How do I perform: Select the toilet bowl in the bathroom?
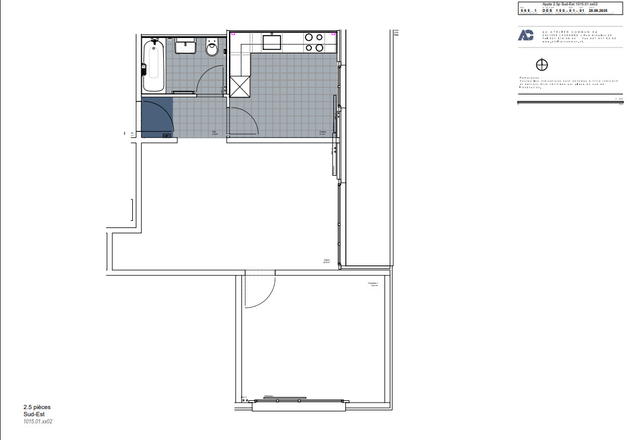(212, 49)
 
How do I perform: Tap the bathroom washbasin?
(186, 46)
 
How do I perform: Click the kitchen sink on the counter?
(272, 42)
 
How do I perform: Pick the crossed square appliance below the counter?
(241, 86)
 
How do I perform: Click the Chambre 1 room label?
(373, 284)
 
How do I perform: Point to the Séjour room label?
(326, 261)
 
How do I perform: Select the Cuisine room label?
(323, 132)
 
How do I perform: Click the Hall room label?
(215, 132)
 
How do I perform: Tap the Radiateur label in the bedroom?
(269, 396)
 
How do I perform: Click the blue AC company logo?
(526, 35)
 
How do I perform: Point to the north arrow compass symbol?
(542, 64)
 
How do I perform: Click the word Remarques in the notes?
(529, 78)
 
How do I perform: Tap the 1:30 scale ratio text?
(619, 98)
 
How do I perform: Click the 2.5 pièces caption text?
(37, 407)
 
